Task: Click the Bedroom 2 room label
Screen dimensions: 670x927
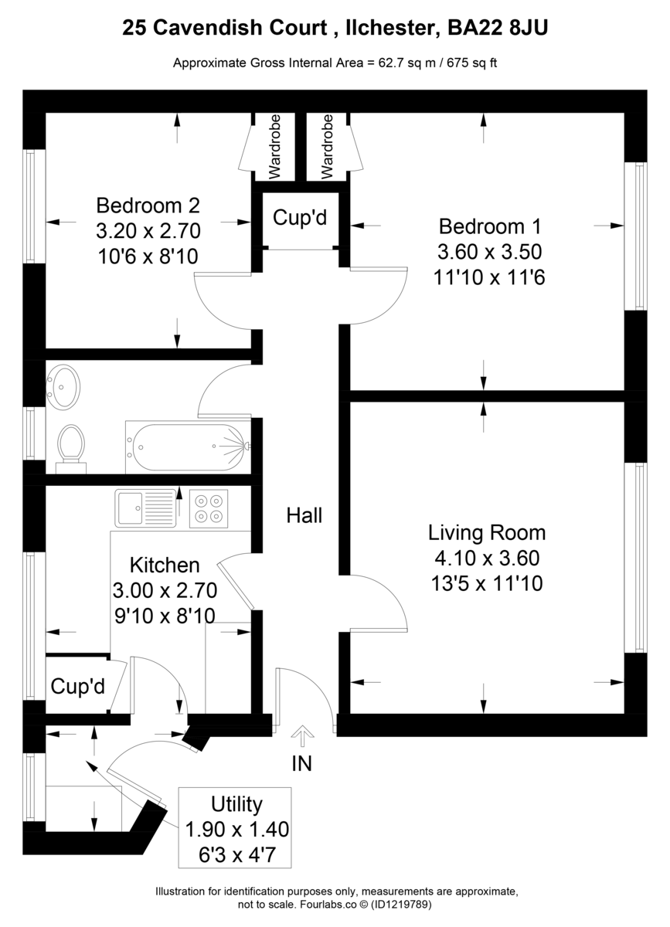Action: click(x=148, y=205)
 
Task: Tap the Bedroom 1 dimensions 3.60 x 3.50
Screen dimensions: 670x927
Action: click(x=489, y=252)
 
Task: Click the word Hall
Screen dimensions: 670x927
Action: click(x=304, y=516)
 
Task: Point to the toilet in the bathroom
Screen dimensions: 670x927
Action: click(x=71, y=448)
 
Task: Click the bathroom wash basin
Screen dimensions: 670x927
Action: click(x=63, y=387)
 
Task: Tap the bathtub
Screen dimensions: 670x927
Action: click(x=189, y=447)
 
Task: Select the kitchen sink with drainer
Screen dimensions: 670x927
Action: click(x=145, y=508)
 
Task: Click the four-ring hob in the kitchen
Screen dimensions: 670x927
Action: click(x=209, y=508)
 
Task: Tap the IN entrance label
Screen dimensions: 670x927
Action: click(x=302, y=764)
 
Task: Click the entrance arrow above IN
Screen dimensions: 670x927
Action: click(x=302, y=735)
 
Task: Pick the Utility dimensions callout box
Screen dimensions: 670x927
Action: click(x=235, y=827)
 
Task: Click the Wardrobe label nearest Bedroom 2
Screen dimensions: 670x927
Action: click(x=274, y=147)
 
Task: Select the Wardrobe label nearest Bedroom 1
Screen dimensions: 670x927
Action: click(x=327, y=147)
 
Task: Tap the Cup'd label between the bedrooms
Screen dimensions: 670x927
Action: click(x=300, y=218)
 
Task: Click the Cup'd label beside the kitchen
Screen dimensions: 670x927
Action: click(x=78, y=686)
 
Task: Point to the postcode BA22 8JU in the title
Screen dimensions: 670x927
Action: click(x=498, y=28)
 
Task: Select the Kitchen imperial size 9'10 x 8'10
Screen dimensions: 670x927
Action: click(x=165, y=616)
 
